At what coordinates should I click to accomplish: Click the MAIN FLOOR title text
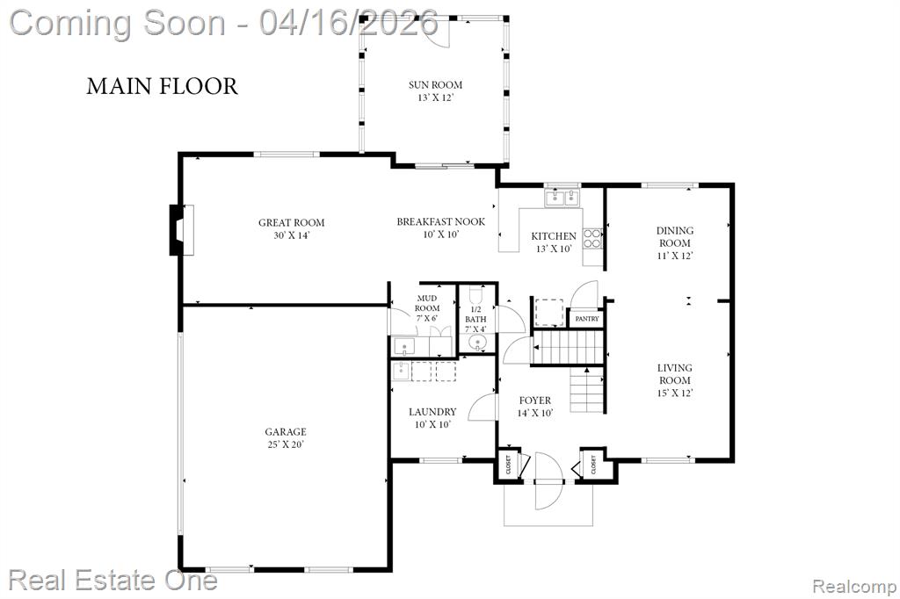(x=162, y=86)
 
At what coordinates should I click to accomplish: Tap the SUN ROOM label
(x=435, y=85)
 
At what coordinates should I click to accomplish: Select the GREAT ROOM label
(x=292, y=222)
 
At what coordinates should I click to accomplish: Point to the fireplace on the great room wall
(x=181, y=230)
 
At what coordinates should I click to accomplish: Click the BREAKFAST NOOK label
(x=441, y=221)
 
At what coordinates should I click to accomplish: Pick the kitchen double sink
(x=562, y=198)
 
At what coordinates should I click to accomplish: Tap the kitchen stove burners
(x=592, y=239)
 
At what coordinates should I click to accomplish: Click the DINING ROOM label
(x=675, y=236)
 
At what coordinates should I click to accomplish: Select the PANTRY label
(x=586, y=319)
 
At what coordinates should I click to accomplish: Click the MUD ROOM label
(x=427, y=303)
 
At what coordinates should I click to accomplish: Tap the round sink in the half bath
(x=477, y=343)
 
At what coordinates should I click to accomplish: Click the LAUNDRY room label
(x=432, y=412)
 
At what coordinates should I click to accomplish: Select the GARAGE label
(x=286, y=432)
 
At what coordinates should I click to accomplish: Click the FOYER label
(x=535, y=401)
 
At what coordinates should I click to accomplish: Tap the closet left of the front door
(x=509, y=464)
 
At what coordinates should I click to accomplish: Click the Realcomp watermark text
(x=853, y=587)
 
